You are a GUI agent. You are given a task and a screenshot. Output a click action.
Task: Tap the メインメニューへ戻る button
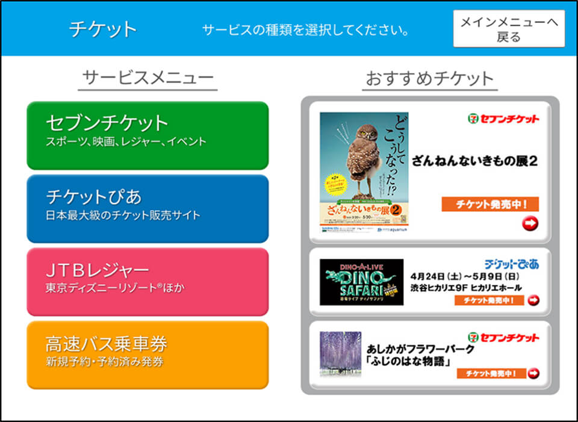tap(509, 29)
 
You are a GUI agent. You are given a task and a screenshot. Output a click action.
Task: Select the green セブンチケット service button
tap(148, 135)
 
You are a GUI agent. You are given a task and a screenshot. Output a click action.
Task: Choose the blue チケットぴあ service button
tap(148, 208)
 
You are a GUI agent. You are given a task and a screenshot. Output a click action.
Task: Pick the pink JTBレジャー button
tap(148, 281)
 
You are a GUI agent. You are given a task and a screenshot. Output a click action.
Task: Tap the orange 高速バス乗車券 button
tap(148, 355)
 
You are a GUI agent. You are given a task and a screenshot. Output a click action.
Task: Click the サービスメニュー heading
tap(148, 78)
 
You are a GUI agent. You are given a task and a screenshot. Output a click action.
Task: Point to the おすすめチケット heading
tap(430, 78)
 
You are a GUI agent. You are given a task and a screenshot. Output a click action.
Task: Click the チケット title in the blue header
tap(103, 29)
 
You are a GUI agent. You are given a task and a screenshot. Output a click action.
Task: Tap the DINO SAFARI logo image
tap(361, 282)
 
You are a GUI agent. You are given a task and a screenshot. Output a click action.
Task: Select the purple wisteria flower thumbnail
tap(340, 354)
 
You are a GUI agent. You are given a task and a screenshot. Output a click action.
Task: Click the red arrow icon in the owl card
tap(530, 224)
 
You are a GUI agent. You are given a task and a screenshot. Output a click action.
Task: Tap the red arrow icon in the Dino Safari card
tap(533, 300)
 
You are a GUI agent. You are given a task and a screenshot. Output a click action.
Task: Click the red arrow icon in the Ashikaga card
tap(533, 373)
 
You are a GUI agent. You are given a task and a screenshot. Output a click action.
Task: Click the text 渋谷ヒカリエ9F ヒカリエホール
tap(466, 288)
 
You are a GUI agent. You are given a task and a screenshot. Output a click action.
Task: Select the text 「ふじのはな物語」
tap(410, 361)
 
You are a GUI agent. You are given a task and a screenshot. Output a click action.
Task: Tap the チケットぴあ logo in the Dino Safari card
tap(512, 264)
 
